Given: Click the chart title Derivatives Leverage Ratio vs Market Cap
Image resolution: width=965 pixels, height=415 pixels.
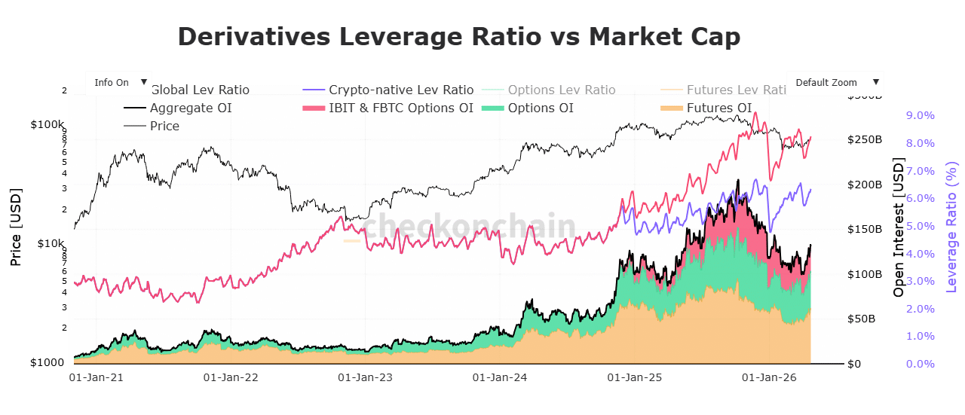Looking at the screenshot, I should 458,36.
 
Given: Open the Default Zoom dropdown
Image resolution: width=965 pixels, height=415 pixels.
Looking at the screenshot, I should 835,82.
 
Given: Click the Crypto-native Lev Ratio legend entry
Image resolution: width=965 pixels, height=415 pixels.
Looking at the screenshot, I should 400,90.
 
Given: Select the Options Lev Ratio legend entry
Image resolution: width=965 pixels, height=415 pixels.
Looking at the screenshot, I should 561,90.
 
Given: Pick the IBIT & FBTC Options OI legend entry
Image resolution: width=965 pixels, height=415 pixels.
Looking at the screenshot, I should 400,108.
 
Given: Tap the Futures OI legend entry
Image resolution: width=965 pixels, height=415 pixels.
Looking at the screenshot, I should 718,108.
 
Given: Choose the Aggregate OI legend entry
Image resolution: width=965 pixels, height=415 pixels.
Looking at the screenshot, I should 190,108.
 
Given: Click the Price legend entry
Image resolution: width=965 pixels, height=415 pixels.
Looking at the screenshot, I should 164,126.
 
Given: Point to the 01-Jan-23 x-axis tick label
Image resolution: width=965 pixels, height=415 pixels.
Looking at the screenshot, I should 365,376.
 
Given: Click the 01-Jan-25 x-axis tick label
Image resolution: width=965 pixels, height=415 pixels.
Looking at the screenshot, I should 634,376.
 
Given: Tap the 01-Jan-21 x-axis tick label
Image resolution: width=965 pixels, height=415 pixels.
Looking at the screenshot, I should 96,376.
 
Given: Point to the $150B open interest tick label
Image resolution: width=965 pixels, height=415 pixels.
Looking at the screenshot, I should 865,229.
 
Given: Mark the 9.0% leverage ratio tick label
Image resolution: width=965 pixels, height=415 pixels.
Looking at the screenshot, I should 919,115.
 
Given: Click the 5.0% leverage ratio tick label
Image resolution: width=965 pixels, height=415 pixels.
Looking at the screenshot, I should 919,226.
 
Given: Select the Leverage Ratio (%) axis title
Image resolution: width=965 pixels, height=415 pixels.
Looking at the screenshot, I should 952,227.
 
